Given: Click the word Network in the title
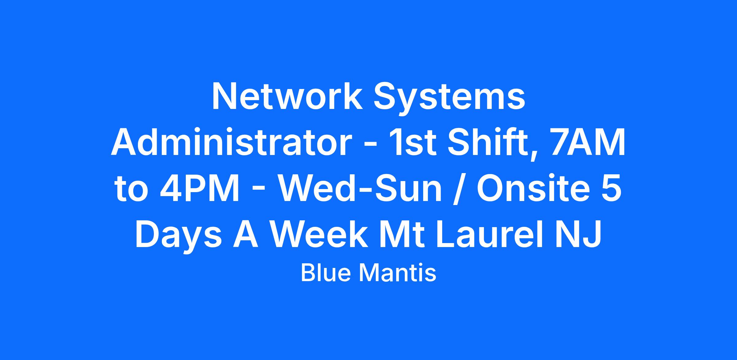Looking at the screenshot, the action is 287,96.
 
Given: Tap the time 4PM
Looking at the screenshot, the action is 200,189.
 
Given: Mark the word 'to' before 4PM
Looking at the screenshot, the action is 131,190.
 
